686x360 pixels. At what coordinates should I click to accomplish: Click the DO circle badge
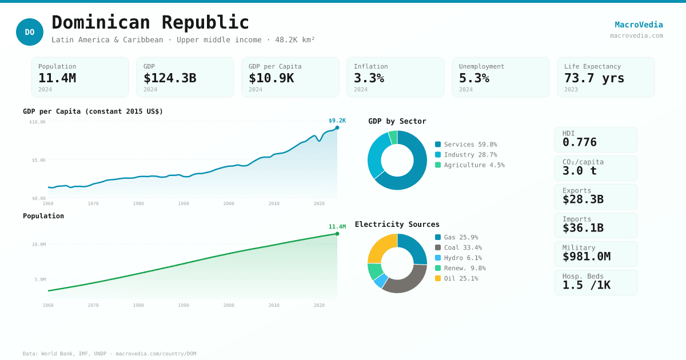click(x=30, y=32)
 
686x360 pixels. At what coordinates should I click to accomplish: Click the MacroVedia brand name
click(x=639, y=25)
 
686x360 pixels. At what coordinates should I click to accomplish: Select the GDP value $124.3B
click(x=170, y=78)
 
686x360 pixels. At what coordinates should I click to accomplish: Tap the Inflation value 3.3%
click(x=369, y=78)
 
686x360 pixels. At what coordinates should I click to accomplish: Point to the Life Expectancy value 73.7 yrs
click(x=594, y=78)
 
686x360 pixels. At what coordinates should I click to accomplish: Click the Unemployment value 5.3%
click(x=474, y=78)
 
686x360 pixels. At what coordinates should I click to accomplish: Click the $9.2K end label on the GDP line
click(x=337, y=121)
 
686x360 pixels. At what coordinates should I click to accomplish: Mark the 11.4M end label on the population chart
click(x=337, y=227)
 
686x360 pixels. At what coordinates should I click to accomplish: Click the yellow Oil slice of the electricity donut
click(x=381, y=247)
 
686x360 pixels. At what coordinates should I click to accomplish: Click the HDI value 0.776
click(x=579, y=142)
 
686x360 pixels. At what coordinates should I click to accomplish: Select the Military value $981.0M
click(x=586, y=257)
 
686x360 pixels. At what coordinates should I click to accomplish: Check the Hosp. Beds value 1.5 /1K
click(x=586, y=285)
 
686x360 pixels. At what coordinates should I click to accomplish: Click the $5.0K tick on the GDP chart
click(x=39, y=160)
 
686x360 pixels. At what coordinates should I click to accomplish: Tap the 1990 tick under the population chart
click(x=184, y=305)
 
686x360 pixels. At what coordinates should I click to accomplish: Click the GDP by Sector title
click(x=397, y=121)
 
